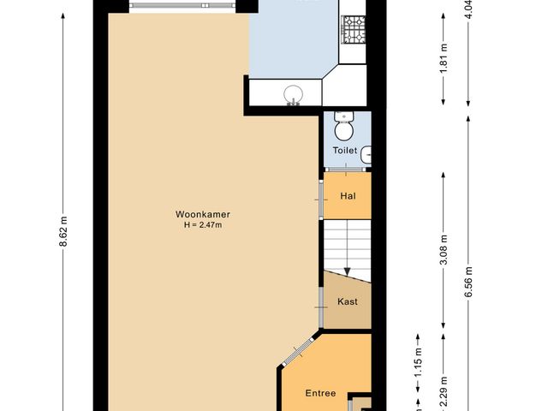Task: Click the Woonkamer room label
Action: tap(203, 214)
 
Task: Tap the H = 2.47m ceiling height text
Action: tap(203, 225)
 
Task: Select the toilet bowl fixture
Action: tap(343, 128)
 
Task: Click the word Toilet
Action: tap(345, 151)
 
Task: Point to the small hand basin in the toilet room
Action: tap(366, 154)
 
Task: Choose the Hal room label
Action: tap(347, 195)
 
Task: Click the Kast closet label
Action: tap(347, 301)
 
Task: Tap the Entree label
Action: tap(320, 394)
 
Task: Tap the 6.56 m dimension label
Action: tap(469, 279)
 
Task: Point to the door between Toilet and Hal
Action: tap(347, 171)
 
